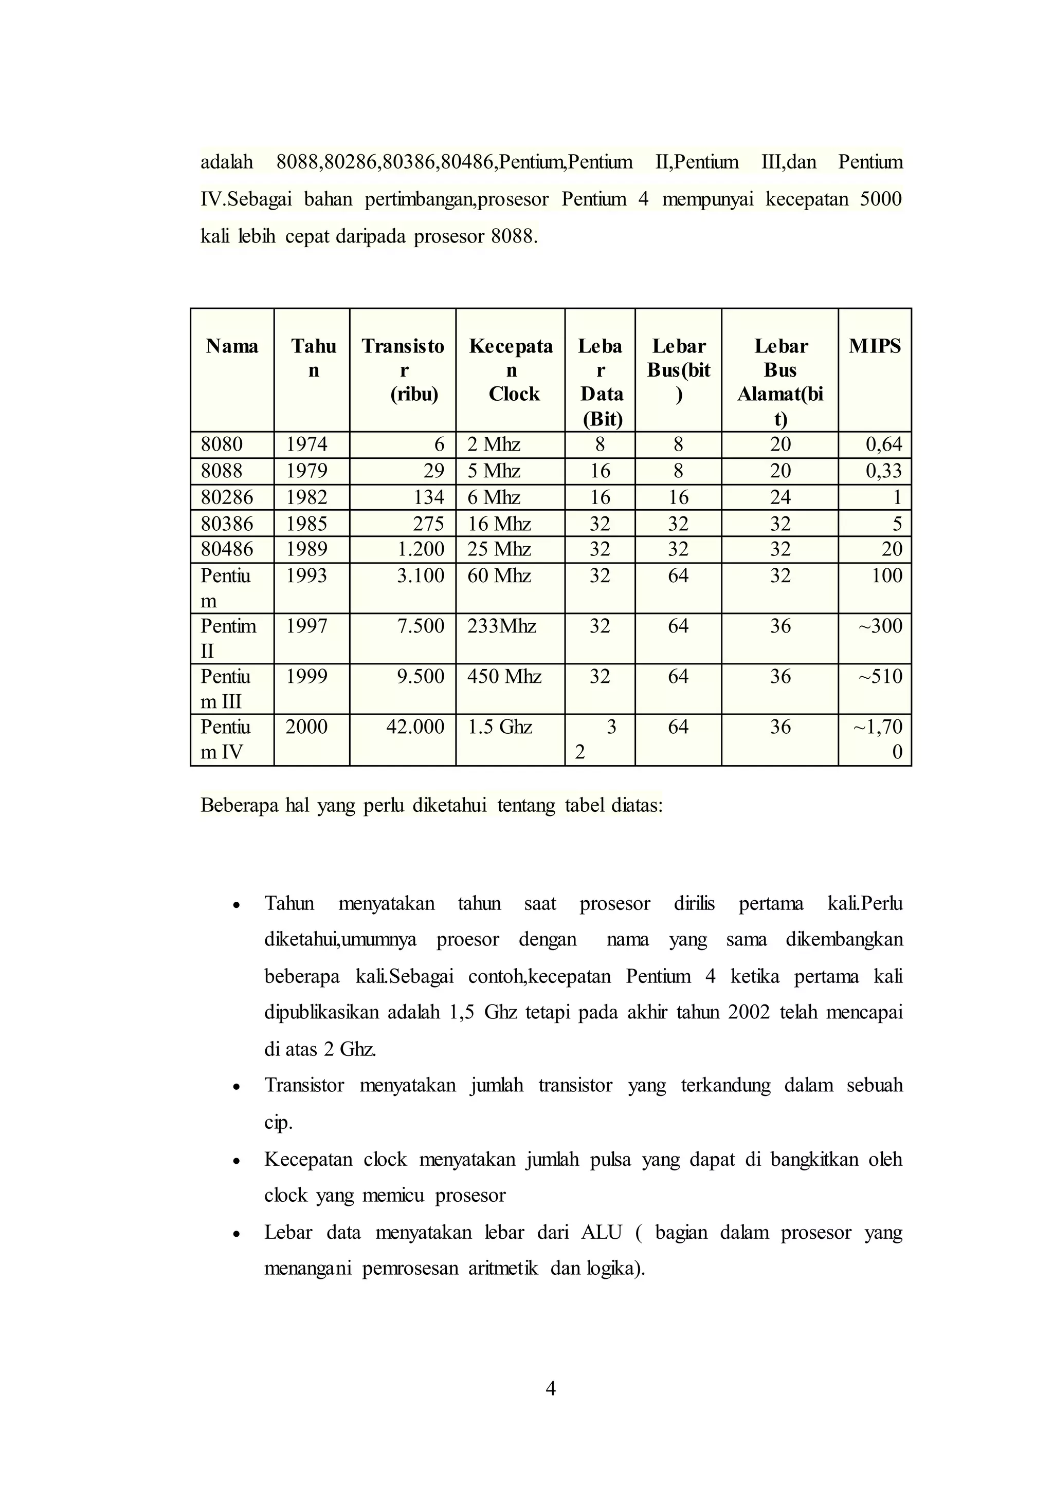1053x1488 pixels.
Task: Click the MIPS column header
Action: point(874,346)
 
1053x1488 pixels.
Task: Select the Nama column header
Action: point(231,346)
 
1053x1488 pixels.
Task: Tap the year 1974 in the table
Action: point(306,444)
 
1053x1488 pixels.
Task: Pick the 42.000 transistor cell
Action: point(415,727)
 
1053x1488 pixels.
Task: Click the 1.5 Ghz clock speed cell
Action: point(500,727)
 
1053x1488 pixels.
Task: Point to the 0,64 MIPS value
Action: point(884,444)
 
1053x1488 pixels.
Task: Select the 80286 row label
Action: point(227,497)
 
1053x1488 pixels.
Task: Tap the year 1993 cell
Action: point(306,575)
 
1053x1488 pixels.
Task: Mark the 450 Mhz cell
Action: point(504,677)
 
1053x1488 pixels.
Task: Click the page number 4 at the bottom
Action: point(551,1388)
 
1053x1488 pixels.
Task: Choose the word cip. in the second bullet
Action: point(278,1123)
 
